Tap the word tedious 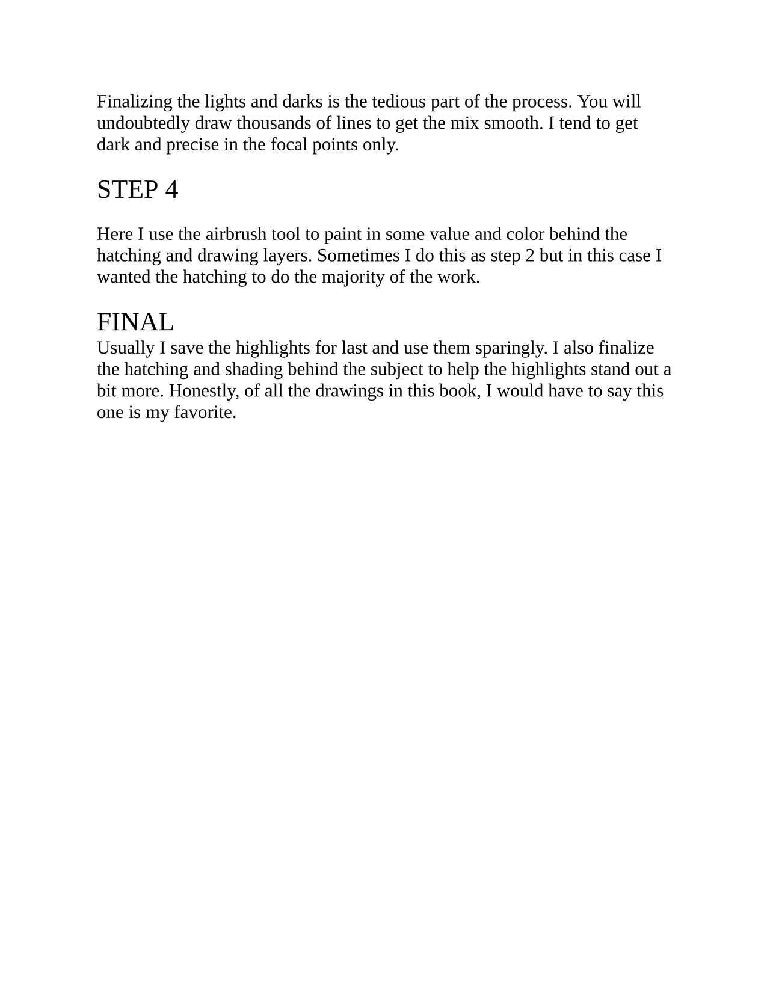[398, 102]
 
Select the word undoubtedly [143, 123]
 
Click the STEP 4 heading [138, 189]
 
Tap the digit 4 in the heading [171, 189]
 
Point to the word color [525, 234]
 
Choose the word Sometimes [357, 256]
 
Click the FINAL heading [135, 322]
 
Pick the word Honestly [204, 391]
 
